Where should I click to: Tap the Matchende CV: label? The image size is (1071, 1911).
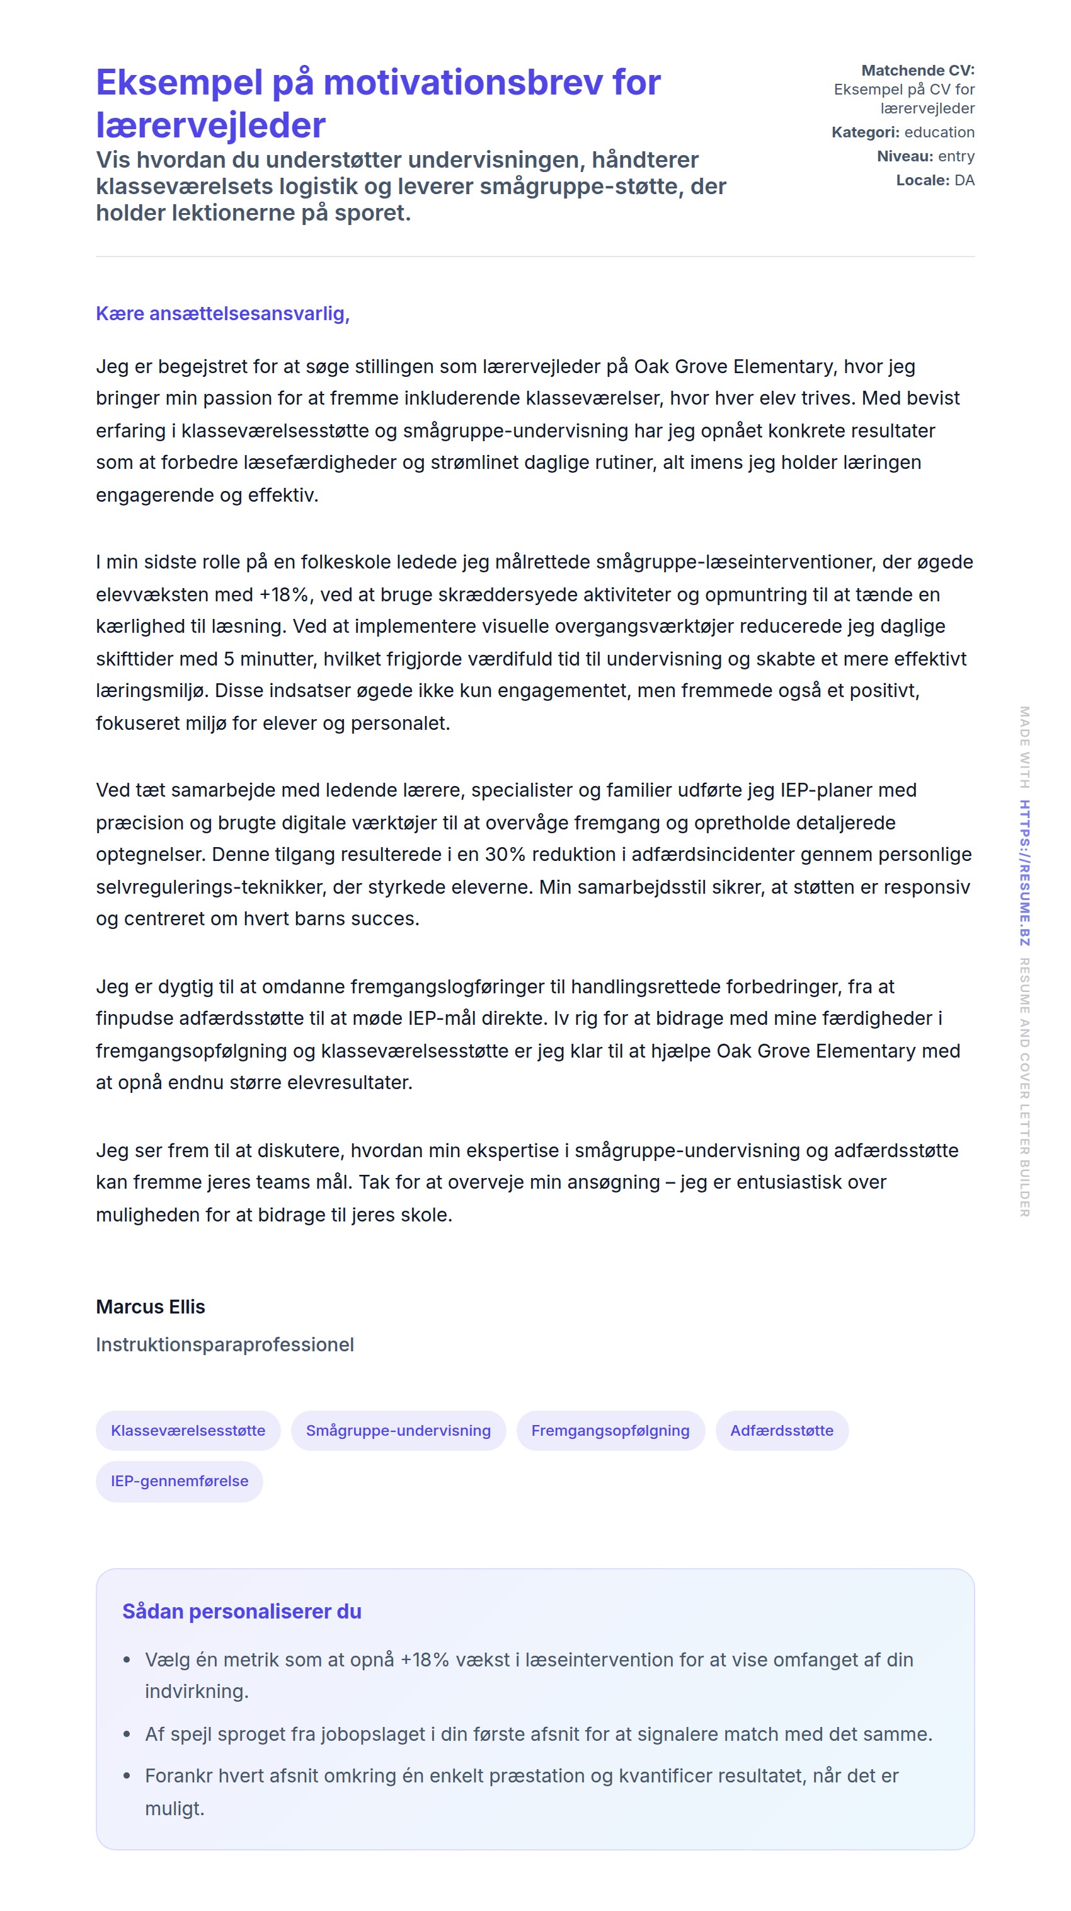[917, 71]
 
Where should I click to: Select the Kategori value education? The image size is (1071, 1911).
[939, 132]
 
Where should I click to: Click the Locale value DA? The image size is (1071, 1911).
[963, 180]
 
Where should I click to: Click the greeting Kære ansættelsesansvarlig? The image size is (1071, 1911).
[222, 314]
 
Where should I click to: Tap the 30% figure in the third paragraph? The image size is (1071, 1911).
[505, 854]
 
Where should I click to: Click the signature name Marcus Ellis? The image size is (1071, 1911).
[151, 1307]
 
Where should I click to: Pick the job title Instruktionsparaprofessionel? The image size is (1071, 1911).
[225, 1344]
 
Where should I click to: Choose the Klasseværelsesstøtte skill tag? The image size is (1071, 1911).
[188, 1430]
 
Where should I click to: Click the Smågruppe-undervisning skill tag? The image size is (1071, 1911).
[398, 1430]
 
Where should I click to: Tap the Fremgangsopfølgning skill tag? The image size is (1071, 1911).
[610, 1430]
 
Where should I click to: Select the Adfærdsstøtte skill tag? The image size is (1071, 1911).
[781, 1430]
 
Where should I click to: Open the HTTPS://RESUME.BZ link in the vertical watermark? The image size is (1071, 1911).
[1024, 872]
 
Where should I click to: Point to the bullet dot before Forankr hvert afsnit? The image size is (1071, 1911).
[127, 1776]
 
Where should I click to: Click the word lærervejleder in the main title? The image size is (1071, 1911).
[210, 125]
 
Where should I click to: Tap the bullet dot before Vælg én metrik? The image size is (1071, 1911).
[127, 1660]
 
